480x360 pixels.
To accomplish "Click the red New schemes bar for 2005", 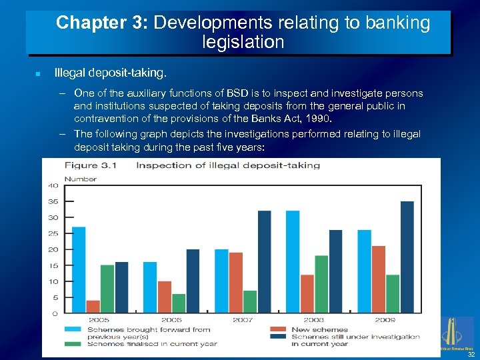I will (x=93, y=306).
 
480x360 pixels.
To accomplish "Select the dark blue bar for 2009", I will (x=407, y=257).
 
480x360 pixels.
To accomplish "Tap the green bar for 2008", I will (x=321, y=283).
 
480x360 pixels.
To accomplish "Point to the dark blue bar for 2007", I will (x=264, y=261).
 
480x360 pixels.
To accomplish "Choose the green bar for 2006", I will (x=179, y=303).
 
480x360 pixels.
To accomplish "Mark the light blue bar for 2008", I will (x=293, y=261).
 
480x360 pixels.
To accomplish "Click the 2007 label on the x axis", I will (x=243, y=320).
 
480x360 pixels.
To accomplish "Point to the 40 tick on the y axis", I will (x=52, y=185).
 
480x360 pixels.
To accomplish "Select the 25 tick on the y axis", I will (x=52, y=233).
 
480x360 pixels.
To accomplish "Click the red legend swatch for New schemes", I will (x=279, y=329).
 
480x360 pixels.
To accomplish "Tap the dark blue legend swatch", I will (x=279, y=337).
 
